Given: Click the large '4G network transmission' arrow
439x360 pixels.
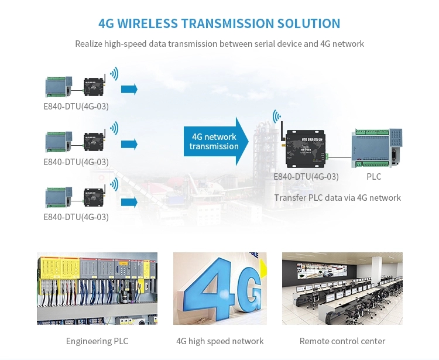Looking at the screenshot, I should click(x=215, y=141).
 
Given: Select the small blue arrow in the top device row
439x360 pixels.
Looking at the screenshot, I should click(x=129, y=89).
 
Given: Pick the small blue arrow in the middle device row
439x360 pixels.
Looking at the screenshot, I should click(x=129, y=144).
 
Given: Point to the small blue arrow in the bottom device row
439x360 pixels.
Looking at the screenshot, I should click(x=129, y=202).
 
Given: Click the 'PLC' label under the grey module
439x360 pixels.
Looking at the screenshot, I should click(x=373, y=176).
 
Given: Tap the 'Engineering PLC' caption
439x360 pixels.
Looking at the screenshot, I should click(x=97, y=341).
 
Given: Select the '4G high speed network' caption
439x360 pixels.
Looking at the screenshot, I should click(x=220, y=341).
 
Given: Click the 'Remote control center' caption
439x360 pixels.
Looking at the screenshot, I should click(x=342, y=341).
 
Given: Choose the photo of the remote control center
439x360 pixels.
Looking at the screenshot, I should click(x=342, y=288).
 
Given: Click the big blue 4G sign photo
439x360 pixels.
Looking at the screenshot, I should click(x=220, y=288).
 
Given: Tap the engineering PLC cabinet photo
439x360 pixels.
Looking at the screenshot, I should click(x=97, y=288).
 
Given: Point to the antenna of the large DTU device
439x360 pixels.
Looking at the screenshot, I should click(x=280, y=132).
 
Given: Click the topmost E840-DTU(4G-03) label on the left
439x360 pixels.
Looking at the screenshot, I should click(x=76, y=107).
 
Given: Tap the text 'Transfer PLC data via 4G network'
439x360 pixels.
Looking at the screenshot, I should click(x=337, y=198).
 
